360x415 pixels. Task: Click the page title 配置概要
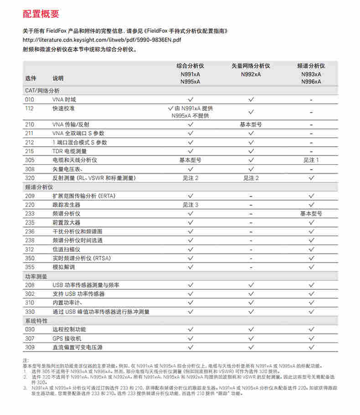pyautogui.click(x=41, y=14)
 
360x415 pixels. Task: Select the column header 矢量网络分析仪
pyautogui.click(x=251, y=66)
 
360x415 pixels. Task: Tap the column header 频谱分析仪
pyautogui.click(x=311, y=66)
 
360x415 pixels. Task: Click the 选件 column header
pyautogui.click(x=31, y=78)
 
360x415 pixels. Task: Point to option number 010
pyautogui.click(x=30, y=99)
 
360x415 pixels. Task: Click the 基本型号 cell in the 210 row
pyautogui.click(x=251, y=124)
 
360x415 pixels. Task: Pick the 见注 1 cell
pyautogui.click(x=311, y=160)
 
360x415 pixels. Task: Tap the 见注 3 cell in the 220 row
pyautogui.click(x=190, y=205)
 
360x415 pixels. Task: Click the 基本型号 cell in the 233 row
pyautogui.click(x=311, y=214)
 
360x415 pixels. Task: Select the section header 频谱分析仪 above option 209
pyautogui.click(x=39, y=187)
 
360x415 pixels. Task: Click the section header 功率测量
pyautogui.click(x=36, y=276)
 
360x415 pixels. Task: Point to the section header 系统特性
pyautogui.click(x=36, y=321)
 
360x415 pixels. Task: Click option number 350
pyautogui.click(x=30, y=258)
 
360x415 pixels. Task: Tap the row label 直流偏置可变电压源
pyautogui.click(x=77, y=348)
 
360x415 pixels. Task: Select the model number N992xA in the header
pyautogui.click(x=251, y=74)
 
